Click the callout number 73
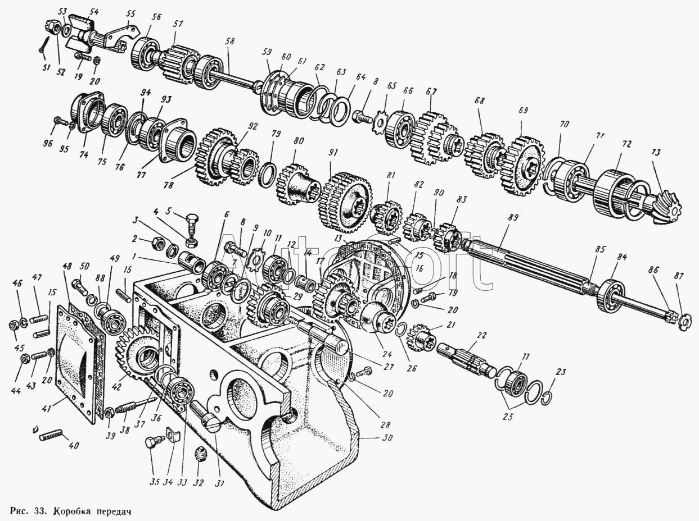coord(656,153)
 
